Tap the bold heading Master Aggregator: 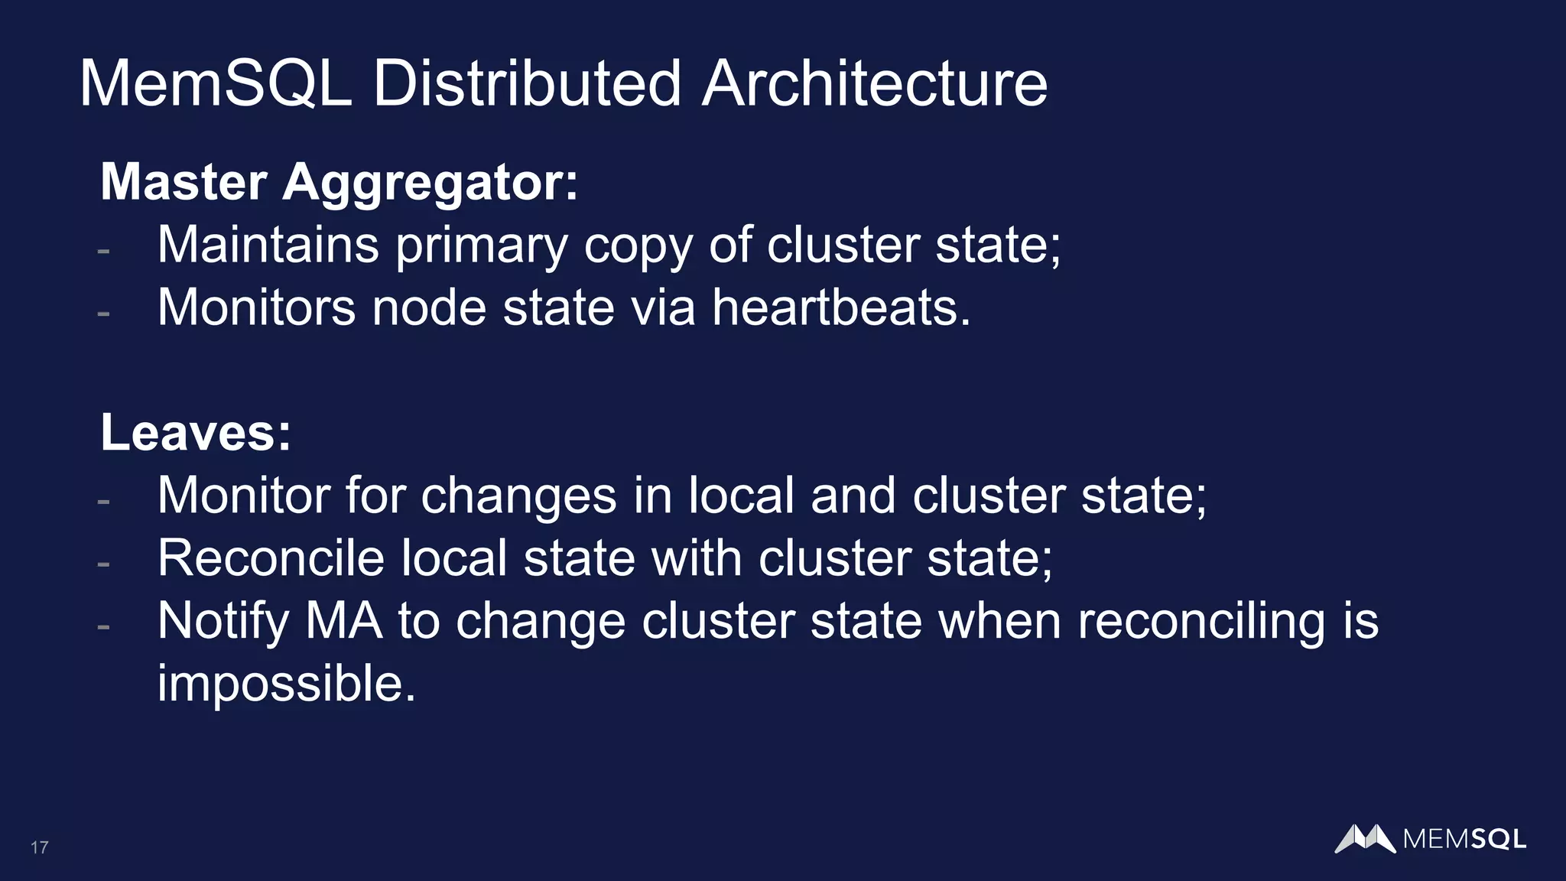click(x=340, y=182)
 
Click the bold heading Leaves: click(x=196, y=433)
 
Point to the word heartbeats click(x=841, y=307)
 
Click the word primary click(x=482, y=246)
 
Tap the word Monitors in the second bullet click(x=256, y=307)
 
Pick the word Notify click(x=223, y=621)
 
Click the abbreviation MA click(x=343, y=620)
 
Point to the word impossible click(x=286, y=684)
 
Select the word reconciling click(x=1201, y=621)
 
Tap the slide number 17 click(x=40, y=847)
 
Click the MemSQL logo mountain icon click(x=1365, y=838)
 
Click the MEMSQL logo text click(x=1464, y=840)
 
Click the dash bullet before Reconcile click(x=104, y=564)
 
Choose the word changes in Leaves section click(x=518, y=496)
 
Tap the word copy click(x=638, y=246)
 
